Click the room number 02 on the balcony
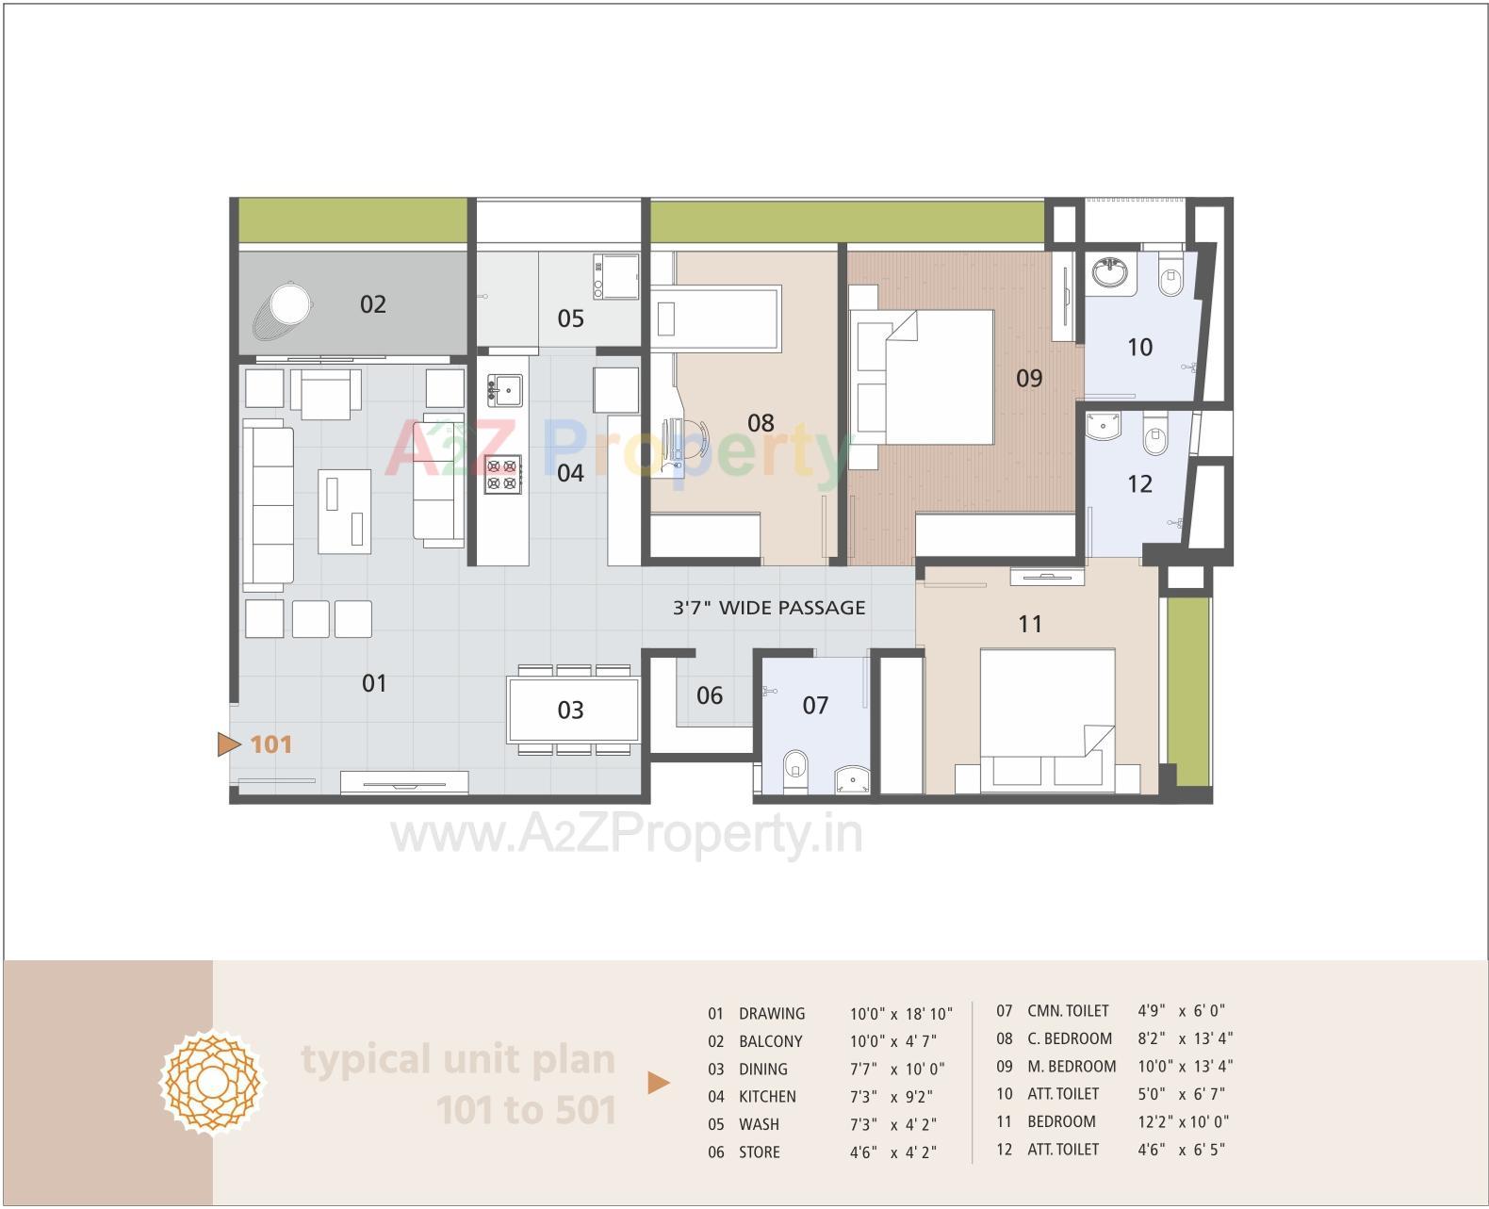click(x=373, y=304)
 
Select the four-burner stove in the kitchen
click(x=502, y=474)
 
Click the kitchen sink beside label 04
click(x=504, y=387)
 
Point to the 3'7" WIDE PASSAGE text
click(x=769, y=608)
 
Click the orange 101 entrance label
click(x=271, y=744)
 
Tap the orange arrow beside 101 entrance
click(x=228, y=744)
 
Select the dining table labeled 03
click(x=572, y=710)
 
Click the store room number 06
click(x=710, y=696)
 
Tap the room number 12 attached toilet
click(x=1139, y=484)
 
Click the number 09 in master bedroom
click(x=1029, y=379)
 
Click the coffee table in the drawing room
click(x=344, y=511)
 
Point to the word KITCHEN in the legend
click(x=767, y=1097)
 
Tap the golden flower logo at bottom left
click(x=211, y=1084)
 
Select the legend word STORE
click(x=759, y=1152)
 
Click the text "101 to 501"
click(x=526, y=1110)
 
